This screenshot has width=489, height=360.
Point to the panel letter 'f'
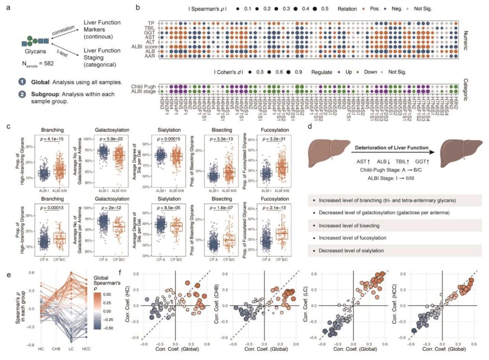click(x=121, y=273)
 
